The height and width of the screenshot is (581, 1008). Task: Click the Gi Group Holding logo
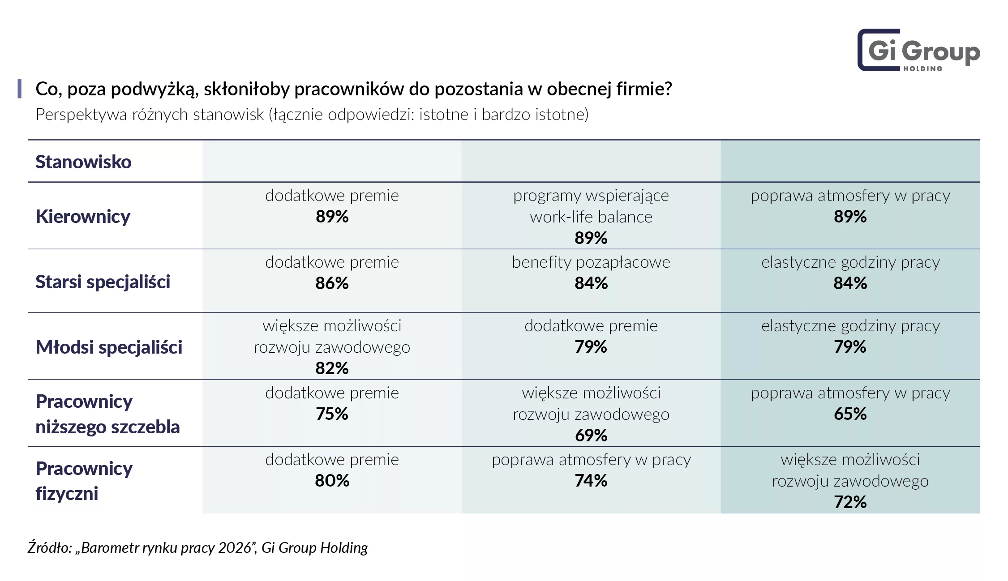click(x=918, y=50)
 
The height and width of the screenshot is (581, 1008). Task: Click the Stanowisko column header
click(x=83, y=162)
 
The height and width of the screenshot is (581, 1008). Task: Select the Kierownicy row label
click(x=83, y=217)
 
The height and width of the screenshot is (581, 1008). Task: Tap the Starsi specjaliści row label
click(x=103, y=282)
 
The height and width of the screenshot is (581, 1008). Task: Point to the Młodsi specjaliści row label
click(x=109, y=347)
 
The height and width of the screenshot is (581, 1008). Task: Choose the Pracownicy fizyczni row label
click(x=84, y=481)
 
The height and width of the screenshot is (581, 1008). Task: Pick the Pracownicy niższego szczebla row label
click(x=107, y=414)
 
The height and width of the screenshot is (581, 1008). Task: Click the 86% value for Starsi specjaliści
click(x=332, y=283)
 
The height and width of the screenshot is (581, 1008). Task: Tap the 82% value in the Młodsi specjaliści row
click(x=332, y=368)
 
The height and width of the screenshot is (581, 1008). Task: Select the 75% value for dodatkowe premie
click(x=332, y=414)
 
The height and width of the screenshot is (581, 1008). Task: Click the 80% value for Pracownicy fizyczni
click(x=332, y=481)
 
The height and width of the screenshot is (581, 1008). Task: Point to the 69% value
click(x=591, y=436)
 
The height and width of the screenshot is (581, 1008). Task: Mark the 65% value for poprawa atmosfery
click(x=850, y=414)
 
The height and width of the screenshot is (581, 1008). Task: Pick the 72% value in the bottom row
click(x=850, y=502)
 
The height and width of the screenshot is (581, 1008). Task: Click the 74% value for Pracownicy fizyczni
click(x=591, y=481)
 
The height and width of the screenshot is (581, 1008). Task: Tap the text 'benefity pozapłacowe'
click(x=591, y=262)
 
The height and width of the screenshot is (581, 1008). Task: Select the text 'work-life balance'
click(x=591, y=217)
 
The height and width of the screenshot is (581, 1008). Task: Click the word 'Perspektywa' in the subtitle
click(x=81, y=115)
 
